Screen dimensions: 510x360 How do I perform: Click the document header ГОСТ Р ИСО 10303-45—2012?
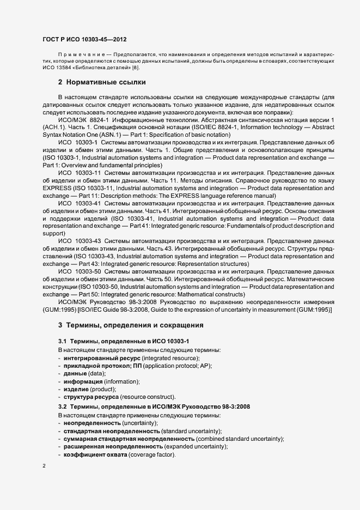point(84,40)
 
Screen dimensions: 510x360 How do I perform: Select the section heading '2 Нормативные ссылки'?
point(101,83)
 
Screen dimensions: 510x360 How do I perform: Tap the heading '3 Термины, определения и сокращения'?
point(131,325)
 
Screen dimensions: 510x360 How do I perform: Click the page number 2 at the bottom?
point(44,466)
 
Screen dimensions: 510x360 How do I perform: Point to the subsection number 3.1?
point(63,341)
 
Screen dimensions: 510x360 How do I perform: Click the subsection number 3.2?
point(63,407)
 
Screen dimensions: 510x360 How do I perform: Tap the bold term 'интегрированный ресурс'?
point(101,357)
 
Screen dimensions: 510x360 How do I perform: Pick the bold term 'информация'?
point(82,381)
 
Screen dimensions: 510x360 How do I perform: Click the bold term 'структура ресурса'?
point(91,397)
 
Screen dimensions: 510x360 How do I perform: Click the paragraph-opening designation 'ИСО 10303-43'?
point(80,240)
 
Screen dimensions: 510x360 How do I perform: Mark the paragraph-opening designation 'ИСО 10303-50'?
point(80,271)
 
